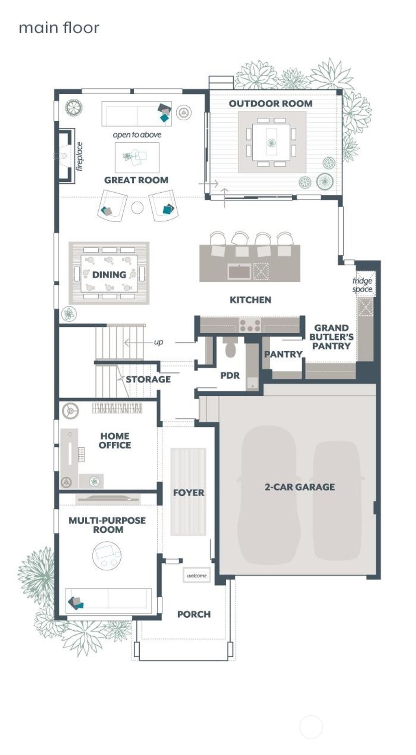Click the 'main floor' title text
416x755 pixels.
(59, 28)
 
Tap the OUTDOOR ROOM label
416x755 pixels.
(271, 104)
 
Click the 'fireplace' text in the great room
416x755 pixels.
(79, 156)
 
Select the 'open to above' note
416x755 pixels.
(137, 135)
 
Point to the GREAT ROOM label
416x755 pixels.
(136, 180)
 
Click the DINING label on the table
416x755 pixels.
(109, 275)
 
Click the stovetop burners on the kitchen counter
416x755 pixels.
(250, 325)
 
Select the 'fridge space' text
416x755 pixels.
(362, 285)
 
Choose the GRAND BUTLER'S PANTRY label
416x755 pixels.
(331, 337)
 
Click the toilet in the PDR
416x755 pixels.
(230, 348)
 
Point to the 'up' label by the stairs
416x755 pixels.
(158, 342)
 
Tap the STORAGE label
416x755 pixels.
(148, 380)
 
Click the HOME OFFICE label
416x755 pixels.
(115, 440)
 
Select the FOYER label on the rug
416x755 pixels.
(188, 493)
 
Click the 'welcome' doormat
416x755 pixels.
(197, 575)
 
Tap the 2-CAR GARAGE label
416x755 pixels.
(300, 487)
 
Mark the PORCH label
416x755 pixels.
(194, 614)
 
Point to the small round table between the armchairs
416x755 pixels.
(137, 208)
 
